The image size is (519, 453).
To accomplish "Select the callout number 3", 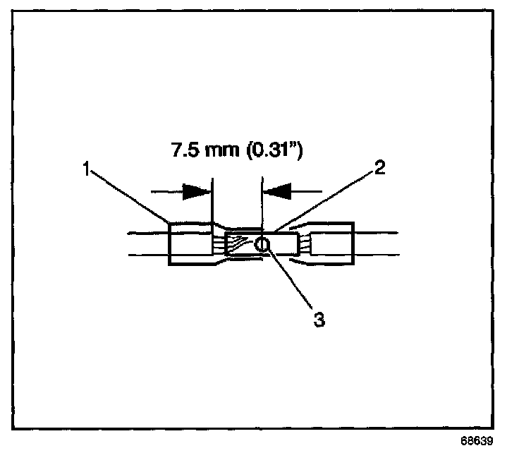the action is pos(319,319).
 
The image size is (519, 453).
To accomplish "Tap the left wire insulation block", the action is pos(189,244).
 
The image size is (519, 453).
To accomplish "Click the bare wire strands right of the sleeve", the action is pos(304,244).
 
